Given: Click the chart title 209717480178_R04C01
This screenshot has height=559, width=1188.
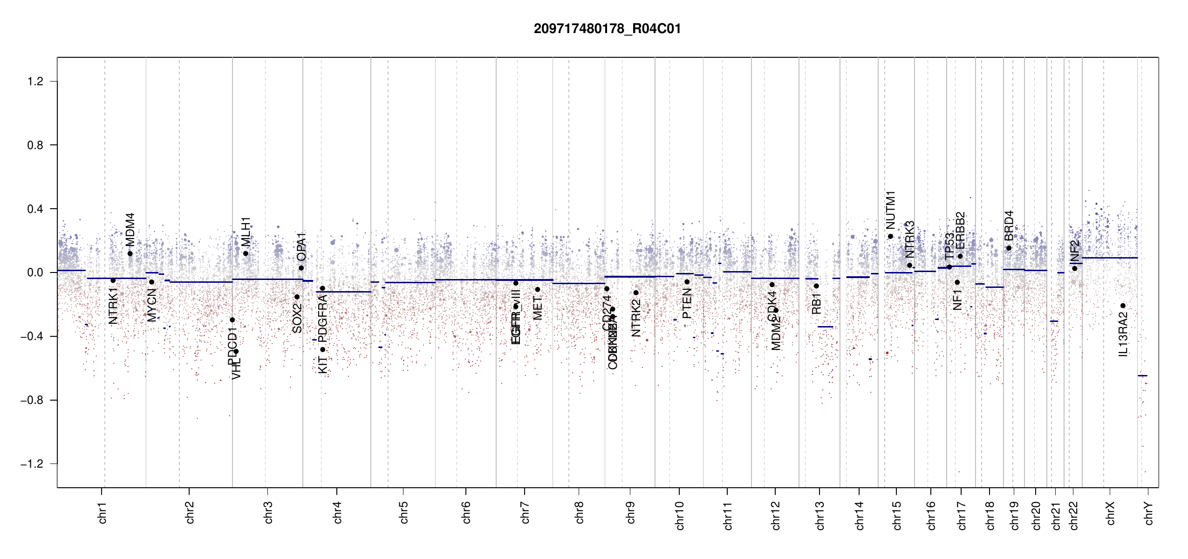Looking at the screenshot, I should click(x=607, y=29).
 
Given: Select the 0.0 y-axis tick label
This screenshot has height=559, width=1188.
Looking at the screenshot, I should click(x=35, y=273).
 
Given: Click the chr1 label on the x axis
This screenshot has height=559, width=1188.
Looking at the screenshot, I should click(x=102, y=512).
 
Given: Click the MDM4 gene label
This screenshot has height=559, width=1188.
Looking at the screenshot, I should click(x=130, y=229).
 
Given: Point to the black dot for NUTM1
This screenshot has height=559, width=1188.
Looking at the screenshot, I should click(x=890, y=236).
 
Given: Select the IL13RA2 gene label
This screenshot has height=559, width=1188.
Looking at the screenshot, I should click(x=1123, y=334).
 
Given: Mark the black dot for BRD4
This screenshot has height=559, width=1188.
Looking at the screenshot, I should click(x=1009, y=248).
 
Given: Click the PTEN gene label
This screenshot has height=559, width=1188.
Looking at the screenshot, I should click(x=687, y=303).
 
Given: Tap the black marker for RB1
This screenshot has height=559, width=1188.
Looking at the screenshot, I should click(x=816, y=286).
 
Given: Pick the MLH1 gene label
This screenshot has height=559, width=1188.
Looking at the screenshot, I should click(x=246, y=232).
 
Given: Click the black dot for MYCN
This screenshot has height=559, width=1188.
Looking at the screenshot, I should click(x=151, y=282).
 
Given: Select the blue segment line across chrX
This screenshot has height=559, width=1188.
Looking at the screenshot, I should click(x=1109, y=258).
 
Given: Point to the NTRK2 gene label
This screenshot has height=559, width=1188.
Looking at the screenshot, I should click(x=636, y=318).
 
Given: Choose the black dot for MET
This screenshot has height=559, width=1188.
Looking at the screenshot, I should click(x=538, y=289).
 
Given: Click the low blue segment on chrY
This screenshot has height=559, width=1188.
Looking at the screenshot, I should click(x=1142, y=375).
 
